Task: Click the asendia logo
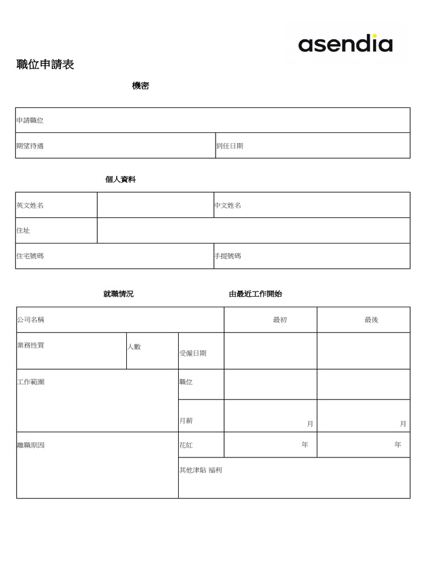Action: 345,44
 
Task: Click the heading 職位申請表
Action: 45,65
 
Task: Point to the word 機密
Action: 140,86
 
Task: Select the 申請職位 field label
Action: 30,121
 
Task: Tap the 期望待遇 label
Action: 30,146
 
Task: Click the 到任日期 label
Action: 230,146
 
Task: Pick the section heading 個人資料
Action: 120,180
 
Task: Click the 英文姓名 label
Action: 30,206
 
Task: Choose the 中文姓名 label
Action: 228,206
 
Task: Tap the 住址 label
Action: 23,231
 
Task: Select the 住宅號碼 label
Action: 30,256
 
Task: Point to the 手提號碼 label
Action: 228,256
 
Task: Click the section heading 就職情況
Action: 118,294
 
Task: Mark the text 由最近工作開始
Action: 255,294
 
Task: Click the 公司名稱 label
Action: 31,320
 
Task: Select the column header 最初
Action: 280,320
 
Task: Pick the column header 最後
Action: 371,320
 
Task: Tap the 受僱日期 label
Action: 193,354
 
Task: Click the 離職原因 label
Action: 31,446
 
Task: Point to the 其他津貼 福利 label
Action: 201,470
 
